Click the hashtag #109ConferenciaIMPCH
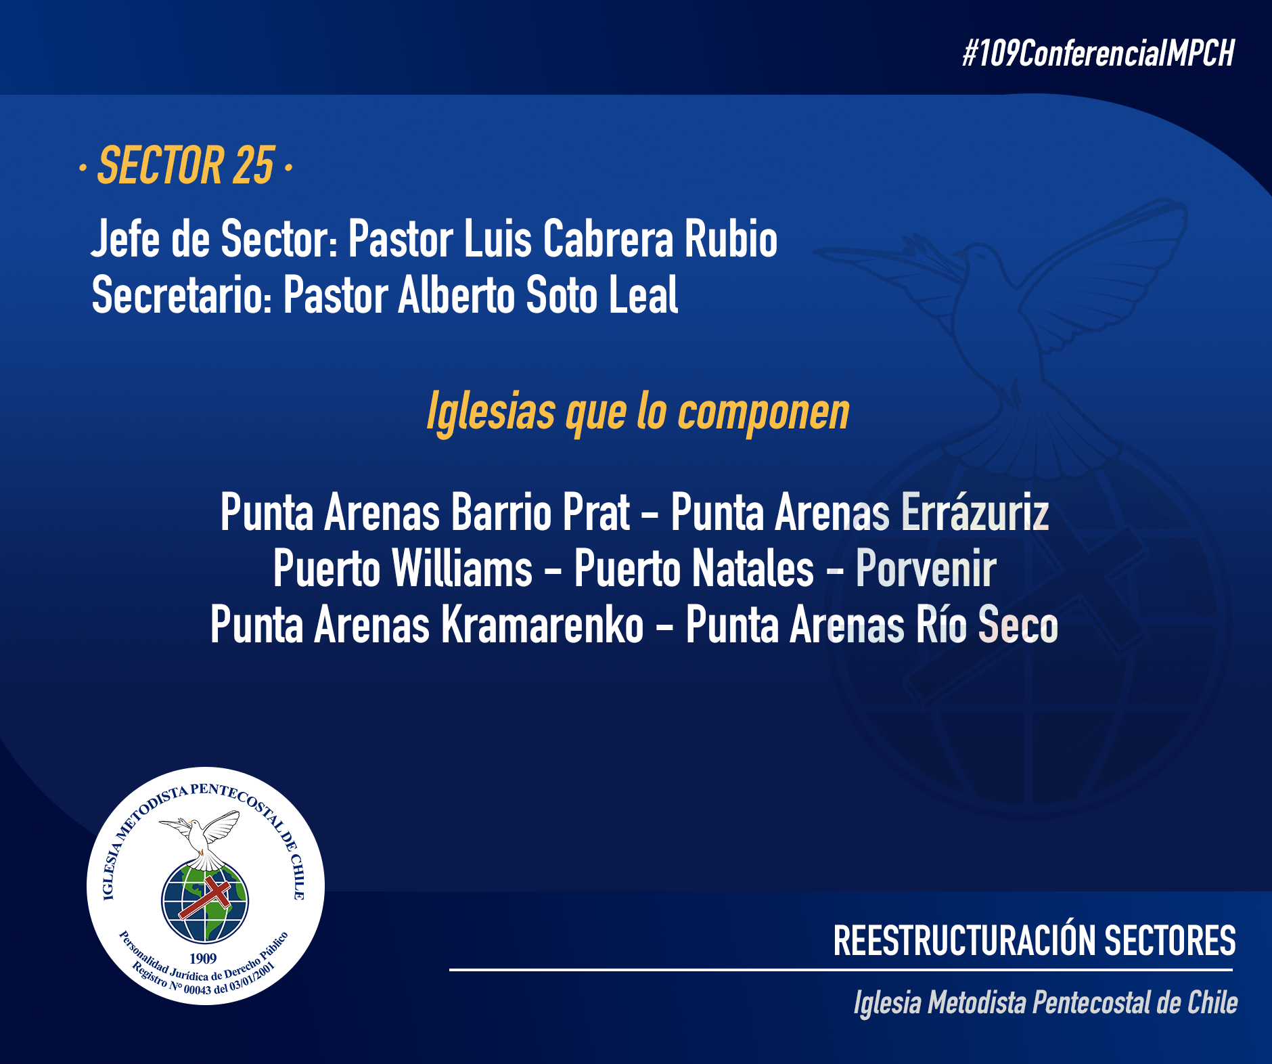(x=1099, y=53)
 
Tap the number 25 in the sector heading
(x=254, y=165)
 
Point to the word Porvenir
(x=926, y=569)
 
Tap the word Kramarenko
(x=543, y=625)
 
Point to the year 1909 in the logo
(x=203, y=958)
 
